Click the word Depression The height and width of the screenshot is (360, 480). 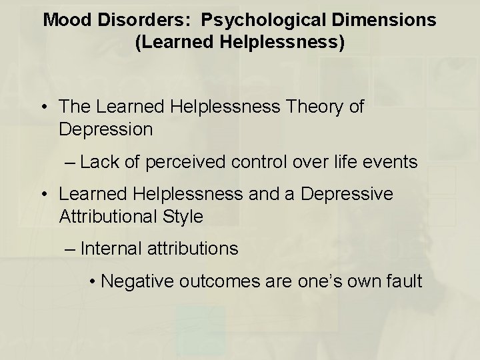point(106,129)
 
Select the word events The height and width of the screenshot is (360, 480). point(395,161)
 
